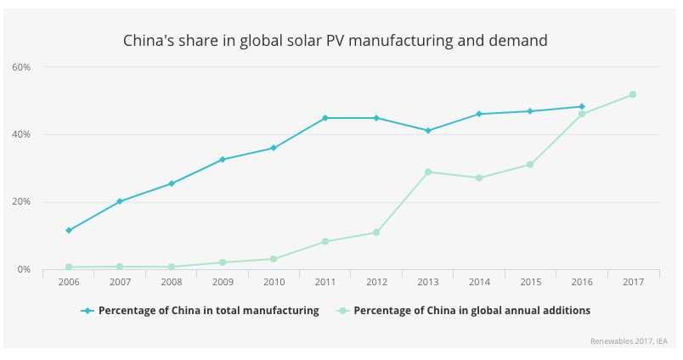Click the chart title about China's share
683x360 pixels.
[x=335, y=40]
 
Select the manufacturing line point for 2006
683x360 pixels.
[x=69, y=230]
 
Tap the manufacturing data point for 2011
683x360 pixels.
[x=325, y=118]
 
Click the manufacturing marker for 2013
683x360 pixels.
[x=428, y=131]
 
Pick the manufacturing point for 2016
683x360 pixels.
[x=582, y=107]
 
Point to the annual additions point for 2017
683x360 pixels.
[x=633, y=94]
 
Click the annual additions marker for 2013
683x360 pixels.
[x=428, y=172]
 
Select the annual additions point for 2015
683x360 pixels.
[x=530, y=165]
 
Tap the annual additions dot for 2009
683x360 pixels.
[x=223, y=262]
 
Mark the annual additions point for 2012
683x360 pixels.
[x=376, y=233]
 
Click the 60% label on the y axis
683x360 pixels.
[x=22, y=67]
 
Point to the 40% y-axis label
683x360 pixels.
[x=22, y=134]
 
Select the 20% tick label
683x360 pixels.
[x=22, y=202]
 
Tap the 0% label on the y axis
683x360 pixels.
[x=25, y=269]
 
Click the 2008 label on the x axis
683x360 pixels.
[x=171, y=282]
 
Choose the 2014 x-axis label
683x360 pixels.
[x=479, y=282]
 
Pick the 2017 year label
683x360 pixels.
[x=633, y=282]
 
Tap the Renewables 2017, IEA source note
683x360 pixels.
[x=629, y=341]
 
